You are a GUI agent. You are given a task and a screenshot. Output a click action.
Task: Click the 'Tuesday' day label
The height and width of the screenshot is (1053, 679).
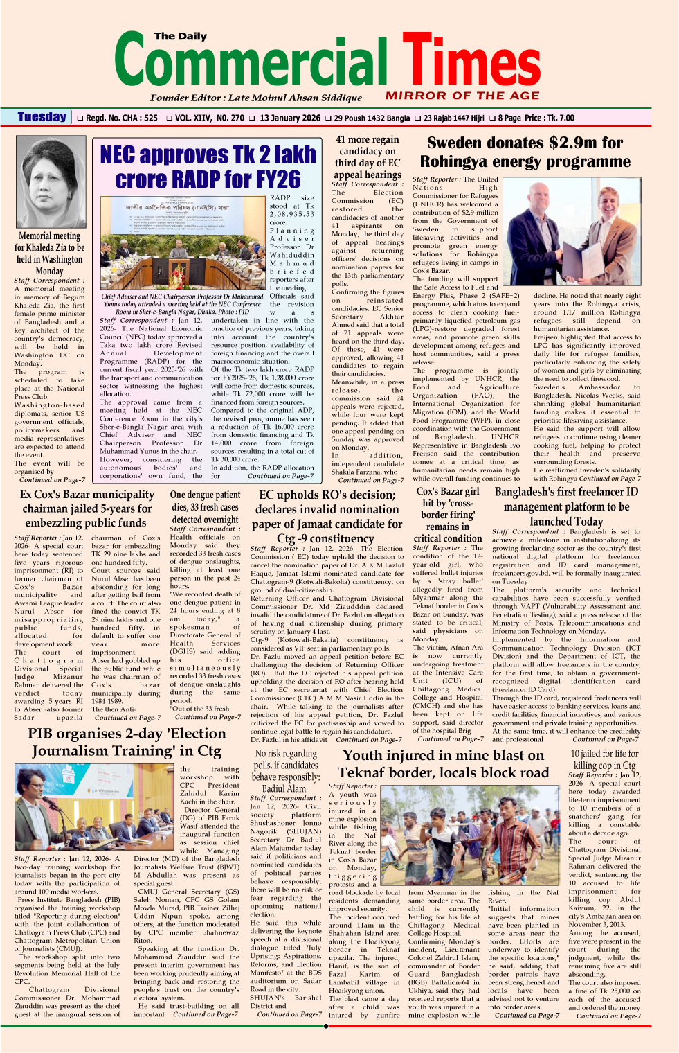[42, 117]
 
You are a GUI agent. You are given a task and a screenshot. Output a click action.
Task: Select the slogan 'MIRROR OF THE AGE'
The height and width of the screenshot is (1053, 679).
[462, 96]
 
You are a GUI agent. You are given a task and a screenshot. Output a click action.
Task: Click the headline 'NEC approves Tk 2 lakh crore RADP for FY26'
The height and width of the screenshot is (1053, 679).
[208, 166]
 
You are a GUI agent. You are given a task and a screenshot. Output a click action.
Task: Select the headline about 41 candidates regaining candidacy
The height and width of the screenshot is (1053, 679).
[368, 157]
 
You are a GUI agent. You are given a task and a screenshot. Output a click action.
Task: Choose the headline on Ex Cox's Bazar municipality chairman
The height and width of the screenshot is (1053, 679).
[87, 508]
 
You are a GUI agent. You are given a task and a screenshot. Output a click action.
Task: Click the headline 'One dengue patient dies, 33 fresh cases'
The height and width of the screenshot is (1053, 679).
[205, 507]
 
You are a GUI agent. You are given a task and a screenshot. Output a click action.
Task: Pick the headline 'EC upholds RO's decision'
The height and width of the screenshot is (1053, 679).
[329, 516]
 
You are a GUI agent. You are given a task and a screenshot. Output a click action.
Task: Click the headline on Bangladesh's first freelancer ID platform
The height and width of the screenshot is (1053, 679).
[566, 506]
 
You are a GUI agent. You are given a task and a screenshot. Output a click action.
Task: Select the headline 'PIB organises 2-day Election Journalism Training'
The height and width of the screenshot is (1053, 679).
[127, 742]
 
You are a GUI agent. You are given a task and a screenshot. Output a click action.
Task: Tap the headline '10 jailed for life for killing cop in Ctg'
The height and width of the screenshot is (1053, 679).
[604, 759]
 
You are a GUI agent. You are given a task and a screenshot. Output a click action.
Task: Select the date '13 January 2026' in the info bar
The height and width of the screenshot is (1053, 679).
[290, 118]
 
